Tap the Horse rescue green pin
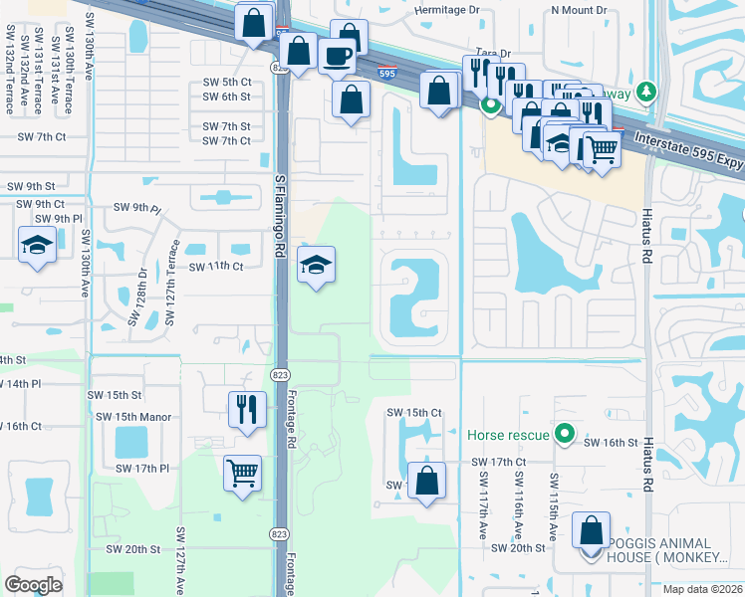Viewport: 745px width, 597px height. (566, 434)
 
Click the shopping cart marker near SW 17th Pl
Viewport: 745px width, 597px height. (242, 474)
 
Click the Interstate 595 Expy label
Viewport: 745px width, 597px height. (687, 148)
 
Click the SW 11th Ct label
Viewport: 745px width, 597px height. (216, 267)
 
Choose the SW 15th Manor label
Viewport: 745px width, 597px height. (143, 417)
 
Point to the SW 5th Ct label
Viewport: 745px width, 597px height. (226, 82)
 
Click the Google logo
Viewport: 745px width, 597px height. (33, 584)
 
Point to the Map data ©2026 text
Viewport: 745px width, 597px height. (702, 589)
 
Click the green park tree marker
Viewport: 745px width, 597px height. (646, 92)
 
